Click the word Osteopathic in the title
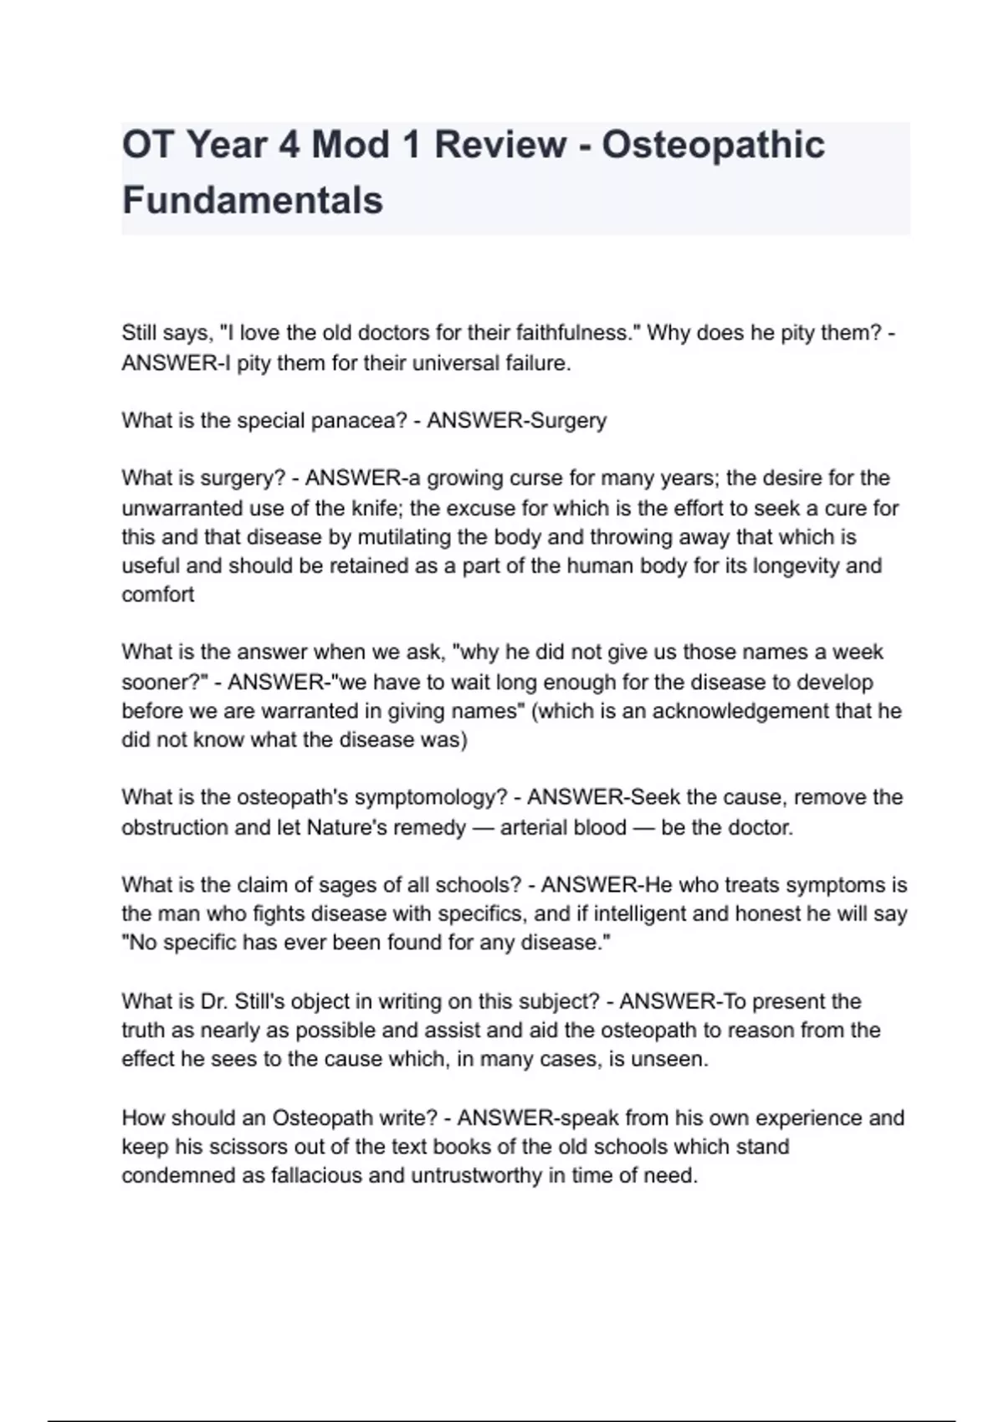tap(713, 145)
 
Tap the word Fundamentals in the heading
tap(253, 201)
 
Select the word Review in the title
tap(499, 145)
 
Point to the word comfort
tap(158, 595)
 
